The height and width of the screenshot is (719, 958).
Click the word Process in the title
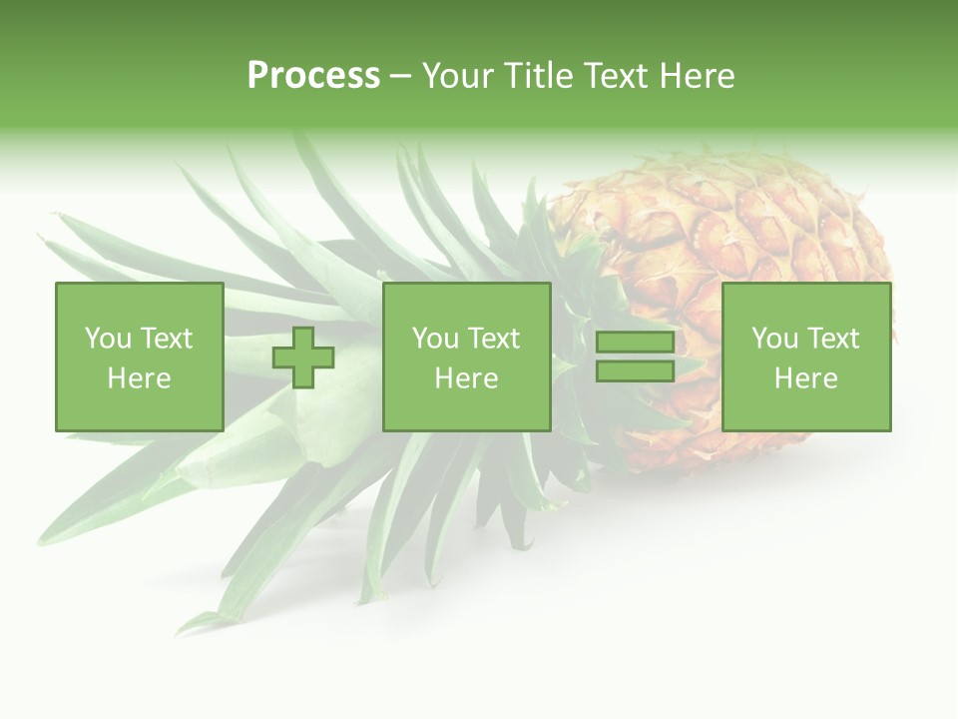[313, 76]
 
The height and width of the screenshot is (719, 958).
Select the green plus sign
[303, 358]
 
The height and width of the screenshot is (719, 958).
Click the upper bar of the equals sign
[635, 343]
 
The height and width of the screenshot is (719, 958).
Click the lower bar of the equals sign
[635, 371]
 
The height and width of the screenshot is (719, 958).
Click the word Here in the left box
[139, 378]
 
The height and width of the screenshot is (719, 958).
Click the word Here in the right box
[805, 378]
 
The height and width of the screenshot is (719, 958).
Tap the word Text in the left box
[166, 339]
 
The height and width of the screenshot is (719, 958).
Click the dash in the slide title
[400, 77]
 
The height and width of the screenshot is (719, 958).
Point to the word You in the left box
[108, 339]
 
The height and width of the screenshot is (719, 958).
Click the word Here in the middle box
[466, 378]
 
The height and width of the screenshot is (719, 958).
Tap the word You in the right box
[774, 339]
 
